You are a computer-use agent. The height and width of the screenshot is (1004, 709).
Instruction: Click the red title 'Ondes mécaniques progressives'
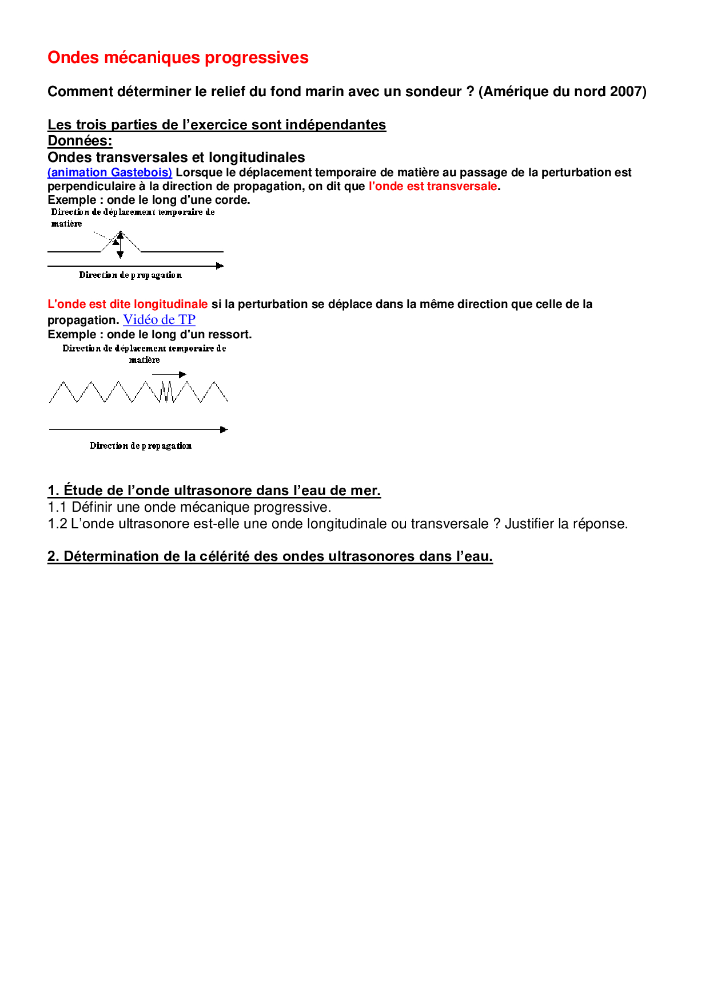178,58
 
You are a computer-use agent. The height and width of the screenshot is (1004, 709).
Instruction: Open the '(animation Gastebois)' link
110,173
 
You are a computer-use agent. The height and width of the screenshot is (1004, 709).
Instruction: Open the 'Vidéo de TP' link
159,320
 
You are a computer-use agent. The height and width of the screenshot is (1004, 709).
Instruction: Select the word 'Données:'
80,141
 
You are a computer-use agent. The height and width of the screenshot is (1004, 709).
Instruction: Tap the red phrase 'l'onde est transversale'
433,187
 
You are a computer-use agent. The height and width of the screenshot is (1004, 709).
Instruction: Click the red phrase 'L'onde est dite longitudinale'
128,305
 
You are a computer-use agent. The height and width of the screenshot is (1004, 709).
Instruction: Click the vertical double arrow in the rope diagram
120,244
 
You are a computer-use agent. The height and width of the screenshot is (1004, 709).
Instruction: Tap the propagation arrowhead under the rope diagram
220,266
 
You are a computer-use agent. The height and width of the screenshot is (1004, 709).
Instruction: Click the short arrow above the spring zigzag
169,374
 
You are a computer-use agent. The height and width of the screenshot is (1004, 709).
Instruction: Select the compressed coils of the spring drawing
166,392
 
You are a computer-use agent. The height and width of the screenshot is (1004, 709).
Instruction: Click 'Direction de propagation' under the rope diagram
130,275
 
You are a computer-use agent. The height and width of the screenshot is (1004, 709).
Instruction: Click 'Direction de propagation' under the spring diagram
141,446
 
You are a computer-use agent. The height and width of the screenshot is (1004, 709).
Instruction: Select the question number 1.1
57,508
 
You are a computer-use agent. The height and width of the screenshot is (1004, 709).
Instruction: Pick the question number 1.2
57,524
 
